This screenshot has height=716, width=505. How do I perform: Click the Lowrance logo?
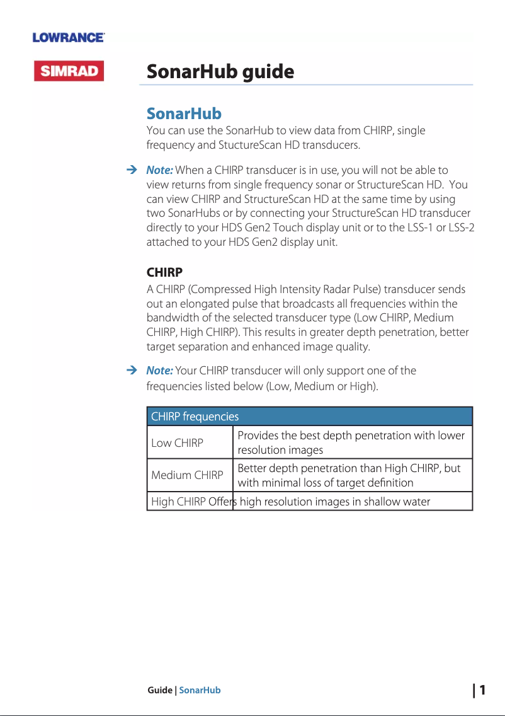pos(69,38)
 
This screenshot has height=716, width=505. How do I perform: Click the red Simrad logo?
pos(69,71)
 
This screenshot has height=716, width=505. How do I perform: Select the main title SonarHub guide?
pos(220,72)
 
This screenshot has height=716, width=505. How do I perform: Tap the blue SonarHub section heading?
pos(184,114)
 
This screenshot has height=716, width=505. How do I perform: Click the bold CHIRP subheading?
pos(164,273)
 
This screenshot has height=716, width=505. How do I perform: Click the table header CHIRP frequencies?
pos(195,417)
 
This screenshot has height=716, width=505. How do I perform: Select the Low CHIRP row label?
pos(178,443)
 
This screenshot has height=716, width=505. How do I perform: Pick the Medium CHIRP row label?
pos(187,475)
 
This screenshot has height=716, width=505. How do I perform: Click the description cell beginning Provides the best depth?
pos(351,442)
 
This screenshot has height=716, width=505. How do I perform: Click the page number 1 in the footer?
pos(482,690)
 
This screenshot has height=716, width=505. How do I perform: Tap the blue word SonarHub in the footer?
pos(200,690)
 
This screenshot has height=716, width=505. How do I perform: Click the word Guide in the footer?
pos(159,690)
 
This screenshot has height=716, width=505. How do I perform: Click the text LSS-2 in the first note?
pos(462,228)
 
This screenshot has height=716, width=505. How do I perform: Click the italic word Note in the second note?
pos(159,370)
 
